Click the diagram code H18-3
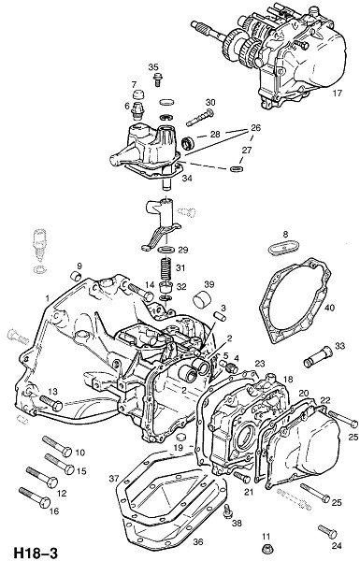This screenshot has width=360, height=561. (36, 553)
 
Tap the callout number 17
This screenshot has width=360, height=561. (338, 93)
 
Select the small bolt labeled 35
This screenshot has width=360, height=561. (157, 80)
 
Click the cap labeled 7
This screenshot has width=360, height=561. (137, 94)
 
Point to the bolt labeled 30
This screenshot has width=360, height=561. (200, 118)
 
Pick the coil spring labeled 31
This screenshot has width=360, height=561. (166, 267)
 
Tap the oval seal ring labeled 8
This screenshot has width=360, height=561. (283, 247)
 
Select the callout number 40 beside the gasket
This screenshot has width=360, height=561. (330, 308)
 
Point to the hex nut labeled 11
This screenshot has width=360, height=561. (266, 549)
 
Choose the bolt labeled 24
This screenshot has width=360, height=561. (327, 532)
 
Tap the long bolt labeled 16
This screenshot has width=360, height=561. (35, 497)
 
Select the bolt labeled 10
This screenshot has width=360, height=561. (57, 446)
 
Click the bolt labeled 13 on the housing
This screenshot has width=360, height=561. (50, 403)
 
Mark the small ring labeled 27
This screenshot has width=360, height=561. (237, 168)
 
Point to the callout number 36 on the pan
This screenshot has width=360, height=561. (198, 542)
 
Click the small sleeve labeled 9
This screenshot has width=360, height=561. (76, 277)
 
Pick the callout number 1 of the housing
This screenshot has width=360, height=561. (48, 298)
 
